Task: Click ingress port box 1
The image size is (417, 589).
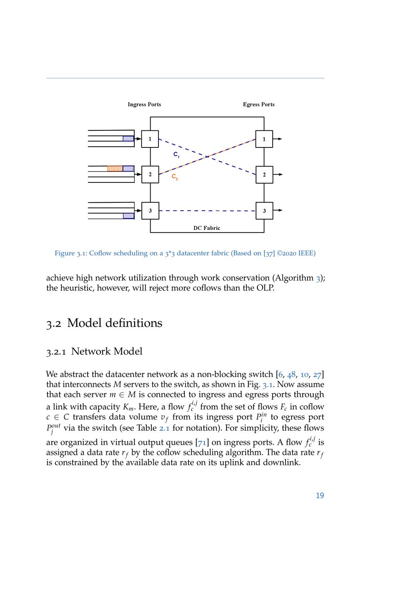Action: pyautogui.click(x=150, y=139)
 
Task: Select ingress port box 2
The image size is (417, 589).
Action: pyautogui.click(x=150, y=175)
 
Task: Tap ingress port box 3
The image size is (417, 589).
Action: pyautogui.click(x=150, y=211)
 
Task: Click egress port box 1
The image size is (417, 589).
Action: pyautogui.click(x=264, y=139)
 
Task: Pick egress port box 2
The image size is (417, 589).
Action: pyautogui.click(x=264, y=175)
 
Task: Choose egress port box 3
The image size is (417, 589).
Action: pyautogui.click(x=264, y=211)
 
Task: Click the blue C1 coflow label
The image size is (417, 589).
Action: pyautogui.click(x=176, y=155)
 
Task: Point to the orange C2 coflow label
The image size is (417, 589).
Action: pyautogui.click(x=175, y=177)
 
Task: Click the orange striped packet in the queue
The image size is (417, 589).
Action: pyautogui.click(x=115, y=169)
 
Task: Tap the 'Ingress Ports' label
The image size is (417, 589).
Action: pyautogui.click(x=144, y=105)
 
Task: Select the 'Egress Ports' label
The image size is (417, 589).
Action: pyautogui.click(x=259, y=105)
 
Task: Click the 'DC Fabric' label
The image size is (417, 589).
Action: pyautogui.click(x=207, y=228)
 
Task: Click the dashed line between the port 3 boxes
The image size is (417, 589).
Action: pyautogui.click(x=207, y=211)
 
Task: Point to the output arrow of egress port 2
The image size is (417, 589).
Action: pyautogui.click(x=278, y=175)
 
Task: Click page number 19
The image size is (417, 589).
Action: pyautogui.click(x=320, y=495)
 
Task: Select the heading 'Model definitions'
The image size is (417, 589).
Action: pyautogui.click(x=115, y=323)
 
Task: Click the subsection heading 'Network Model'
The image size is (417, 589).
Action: pyautogui.click(x=107, y=351)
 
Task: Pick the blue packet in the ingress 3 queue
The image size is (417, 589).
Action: pyautogui.click(x=128, y=216)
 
